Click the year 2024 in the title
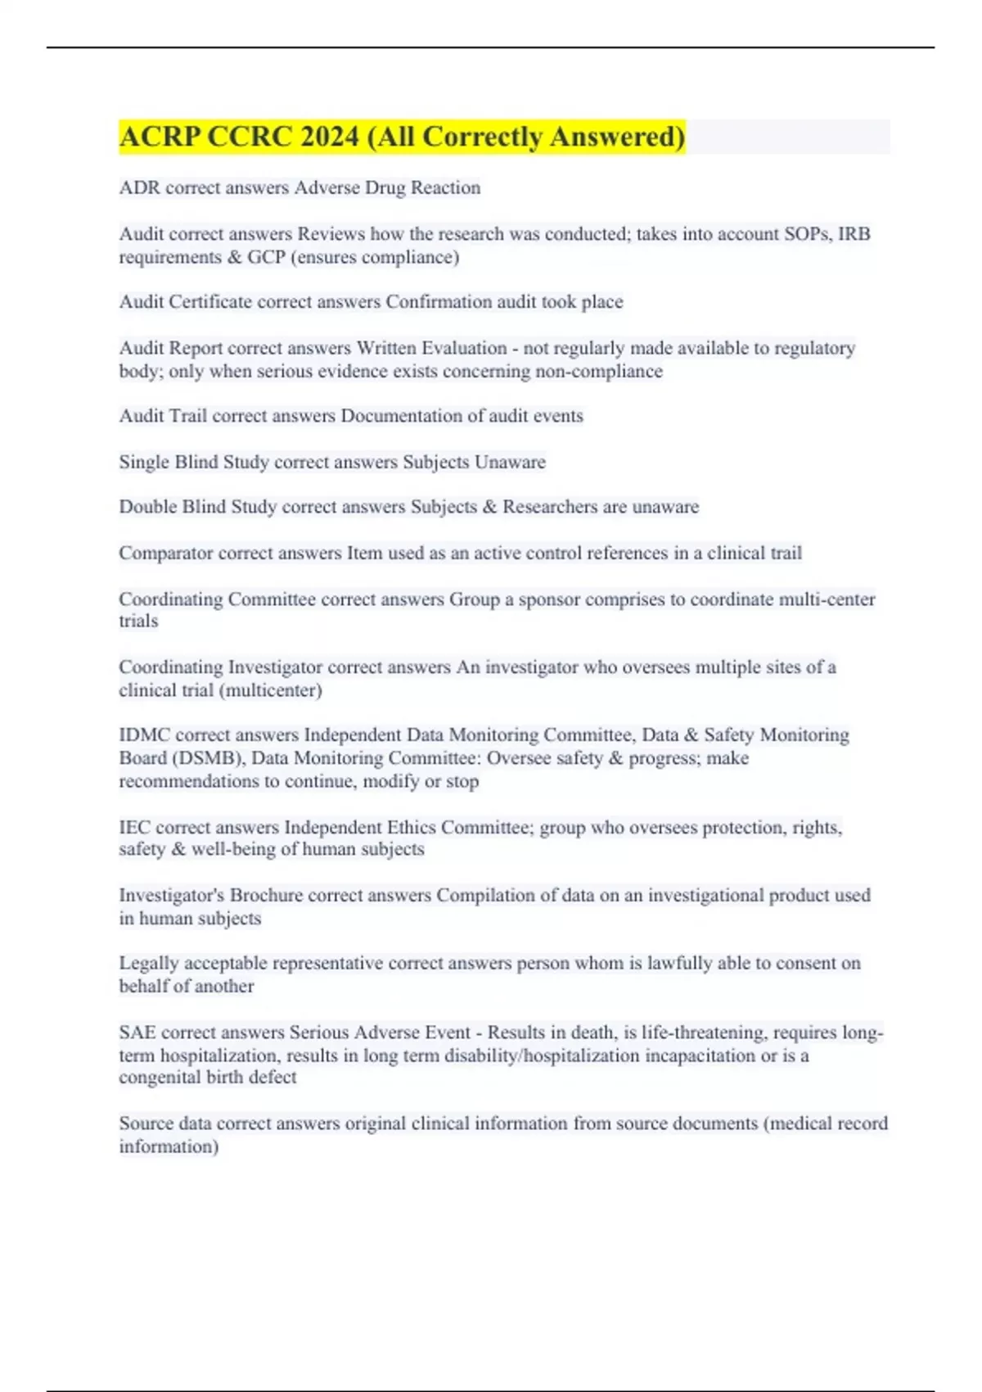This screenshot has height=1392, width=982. point(329,137)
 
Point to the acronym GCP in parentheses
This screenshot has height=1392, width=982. point(266,257)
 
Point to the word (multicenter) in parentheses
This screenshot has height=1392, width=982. point(271,690)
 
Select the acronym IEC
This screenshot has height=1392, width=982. point(135,828)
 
